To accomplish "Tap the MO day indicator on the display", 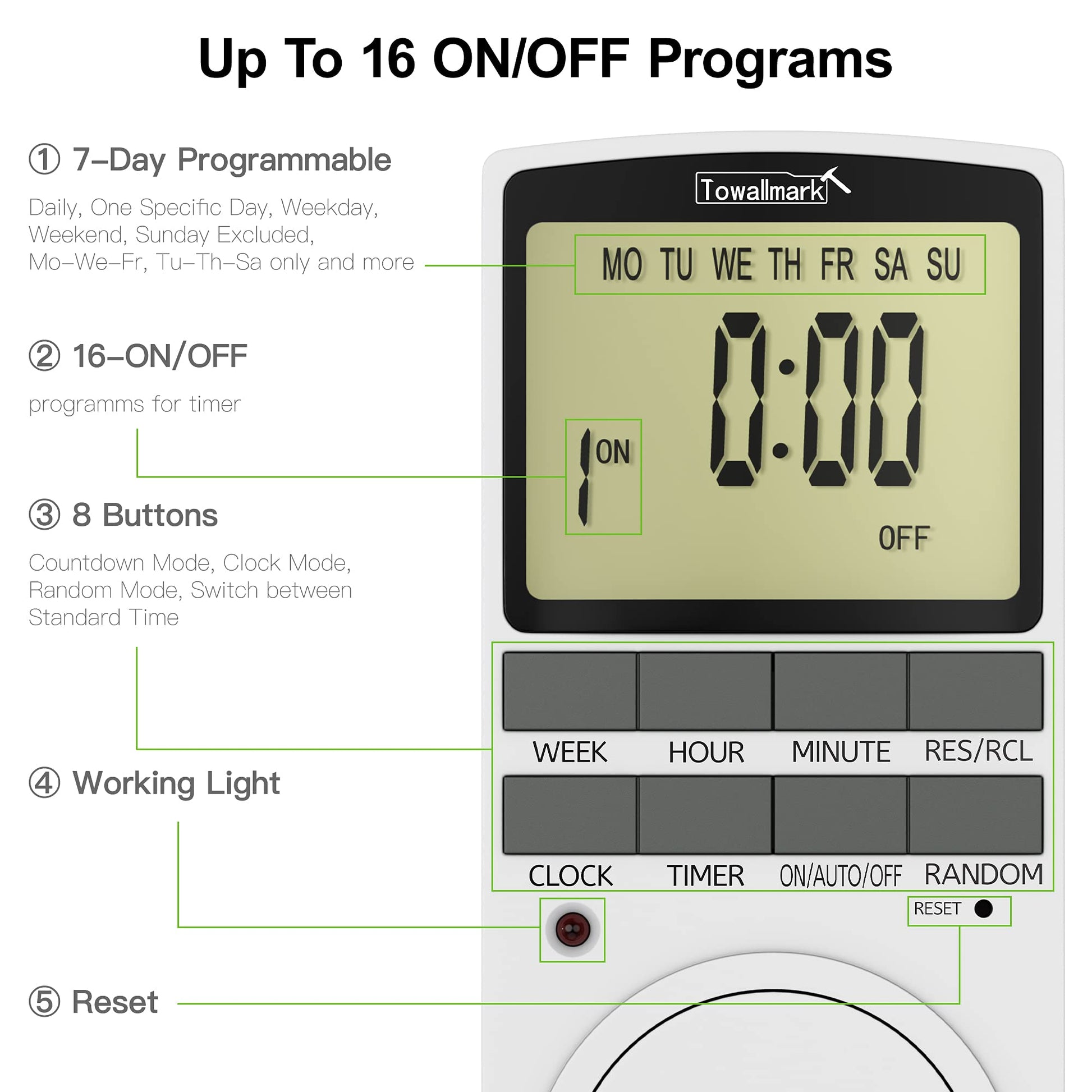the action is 622,264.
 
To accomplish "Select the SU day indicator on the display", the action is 943,264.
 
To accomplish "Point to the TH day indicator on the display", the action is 784,264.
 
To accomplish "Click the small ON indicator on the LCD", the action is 613,452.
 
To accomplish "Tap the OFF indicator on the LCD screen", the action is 904,538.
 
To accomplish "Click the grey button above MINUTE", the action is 840,691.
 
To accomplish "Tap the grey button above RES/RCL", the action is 976,691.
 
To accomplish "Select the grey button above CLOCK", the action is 570,814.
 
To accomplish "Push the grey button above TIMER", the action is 705,814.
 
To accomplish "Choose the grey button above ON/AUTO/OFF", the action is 840,814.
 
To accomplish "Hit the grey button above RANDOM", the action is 976,814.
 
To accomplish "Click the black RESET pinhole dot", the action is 984,909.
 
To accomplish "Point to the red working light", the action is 572,929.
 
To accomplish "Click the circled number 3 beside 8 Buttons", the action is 44,515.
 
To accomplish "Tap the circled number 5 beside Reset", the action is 44,1002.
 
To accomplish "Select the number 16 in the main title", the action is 388,59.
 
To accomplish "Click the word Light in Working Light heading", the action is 243,784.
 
